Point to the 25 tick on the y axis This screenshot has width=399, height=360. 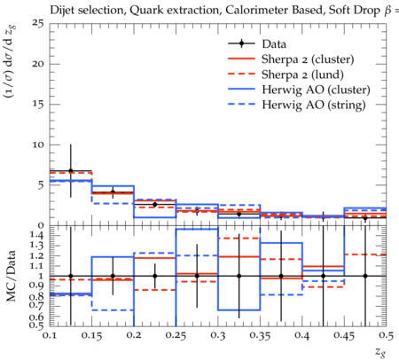[x=38, y=23]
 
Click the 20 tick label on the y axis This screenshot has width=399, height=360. [x=38, y=64]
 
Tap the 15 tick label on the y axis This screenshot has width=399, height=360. [x=39, y=105]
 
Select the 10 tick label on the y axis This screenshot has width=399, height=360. [x=39, y=145]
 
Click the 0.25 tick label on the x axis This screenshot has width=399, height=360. [x=176, y=335]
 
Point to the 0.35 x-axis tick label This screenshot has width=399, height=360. [x=260, y=335]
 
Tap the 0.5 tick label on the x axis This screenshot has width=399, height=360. [x=387, y=335]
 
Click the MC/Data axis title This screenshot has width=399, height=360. [x=12, y=276]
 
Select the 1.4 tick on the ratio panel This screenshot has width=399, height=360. [x=37, y=236]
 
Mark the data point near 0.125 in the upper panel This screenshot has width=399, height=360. [x=71, y=171]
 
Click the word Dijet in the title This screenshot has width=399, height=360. [x=62, y=11]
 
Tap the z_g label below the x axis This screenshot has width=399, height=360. [x=380, y=352]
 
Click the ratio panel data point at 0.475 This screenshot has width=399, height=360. [x=365, y=276]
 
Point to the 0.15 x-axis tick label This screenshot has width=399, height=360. [x=91, y=335]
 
